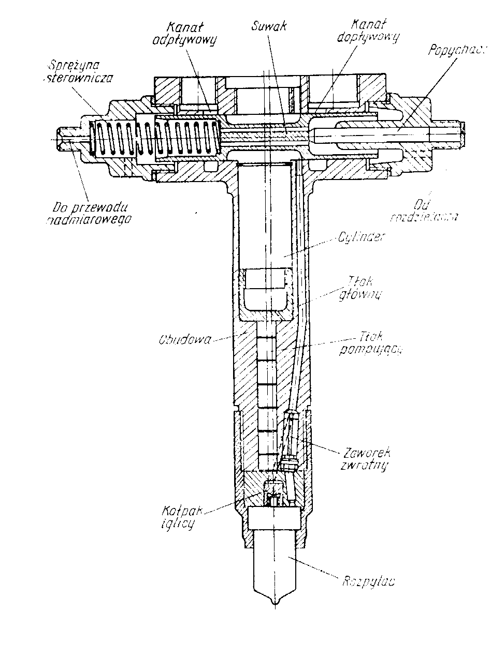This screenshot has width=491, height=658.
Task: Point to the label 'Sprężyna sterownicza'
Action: point(86,71)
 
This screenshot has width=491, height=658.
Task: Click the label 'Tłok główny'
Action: point(361,288)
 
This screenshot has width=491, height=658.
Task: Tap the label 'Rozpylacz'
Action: point(368,580)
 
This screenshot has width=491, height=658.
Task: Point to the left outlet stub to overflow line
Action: point(67,139)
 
